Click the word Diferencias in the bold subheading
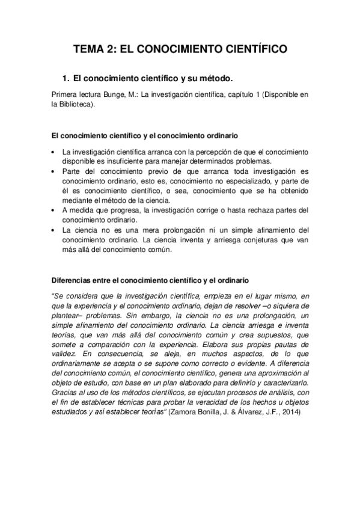tap(72, 280)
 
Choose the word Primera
tap(66, 94)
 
